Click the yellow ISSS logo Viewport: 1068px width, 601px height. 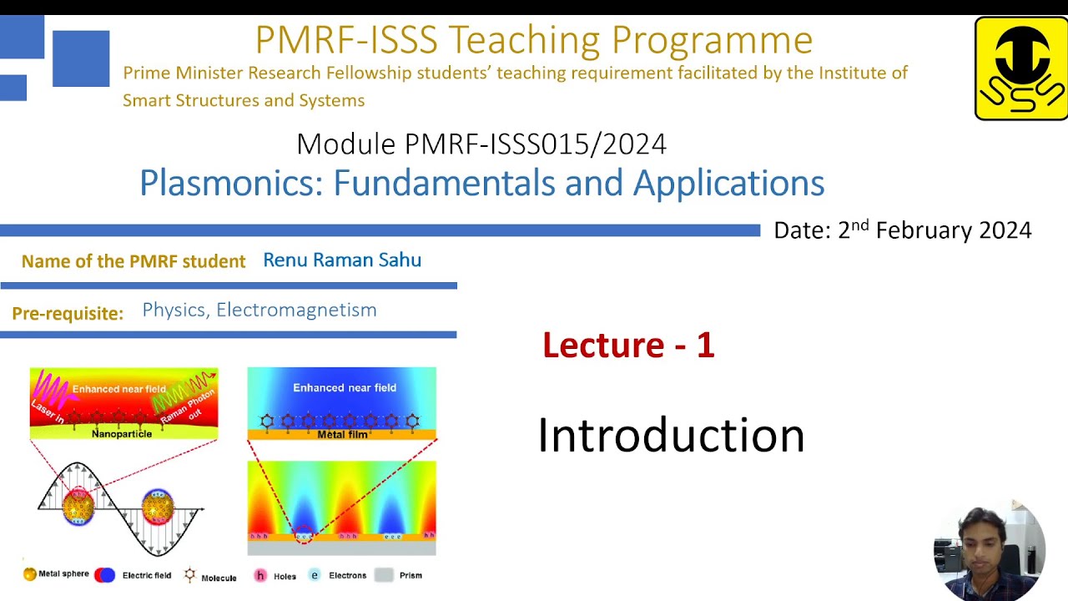pos(1020,68)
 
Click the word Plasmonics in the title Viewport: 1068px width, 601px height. pos(230,183)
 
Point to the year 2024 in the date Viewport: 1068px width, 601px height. pos(1005,230)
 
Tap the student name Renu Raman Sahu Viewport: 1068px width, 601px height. pos(341,260)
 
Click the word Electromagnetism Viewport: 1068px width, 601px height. pos(296,311)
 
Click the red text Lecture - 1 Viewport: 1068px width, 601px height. pos(627,345)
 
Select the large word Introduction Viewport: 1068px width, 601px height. pos(670,436)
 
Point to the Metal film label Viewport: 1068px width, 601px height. pos(343,434)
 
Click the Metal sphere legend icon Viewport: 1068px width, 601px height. pos(30,574)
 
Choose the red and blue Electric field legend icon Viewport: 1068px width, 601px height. pos(104,575)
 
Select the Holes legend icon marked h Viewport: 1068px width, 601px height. pos(260,575)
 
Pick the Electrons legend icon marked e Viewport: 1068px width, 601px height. pos(315,575)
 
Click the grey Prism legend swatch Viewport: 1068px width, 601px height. pos(384,575)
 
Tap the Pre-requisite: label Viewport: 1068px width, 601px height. pos(68,314)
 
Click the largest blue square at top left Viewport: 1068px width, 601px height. pos(81,58)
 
